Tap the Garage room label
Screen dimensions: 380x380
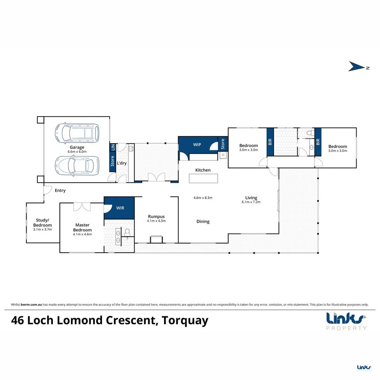(77, 147)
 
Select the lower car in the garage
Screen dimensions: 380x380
(77, 165)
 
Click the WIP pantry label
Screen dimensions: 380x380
(197, 145)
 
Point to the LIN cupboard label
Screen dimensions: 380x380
(113, 147)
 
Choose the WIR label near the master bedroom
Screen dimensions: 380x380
(120, 208)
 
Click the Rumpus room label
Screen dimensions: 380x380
(156, 216)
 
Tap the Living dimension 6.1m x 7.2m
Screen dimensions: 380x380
(251, 202)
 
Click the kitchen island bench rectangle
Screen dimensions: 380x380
(203, 178)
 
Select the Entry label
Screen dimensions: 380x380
(60, 190)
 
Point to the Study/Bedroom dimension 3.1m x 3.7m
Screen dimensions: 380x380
(43, 229)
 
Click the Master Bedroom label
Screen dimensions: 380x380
(82, 227)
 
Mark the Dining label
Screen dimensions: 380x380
(203, 222)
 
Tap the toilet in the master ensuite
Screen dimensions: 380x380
(127, 233)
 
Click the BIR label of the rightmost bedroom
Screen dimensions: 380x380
(318, 142)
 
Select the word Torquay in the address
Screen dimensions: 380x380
(185, 321)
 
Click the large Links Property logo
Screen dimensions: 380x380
(346, 321)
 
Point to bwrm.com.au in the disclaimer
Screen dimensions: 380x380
(31, 305)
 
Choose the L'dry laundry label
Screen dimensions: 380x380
(122, 163)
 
